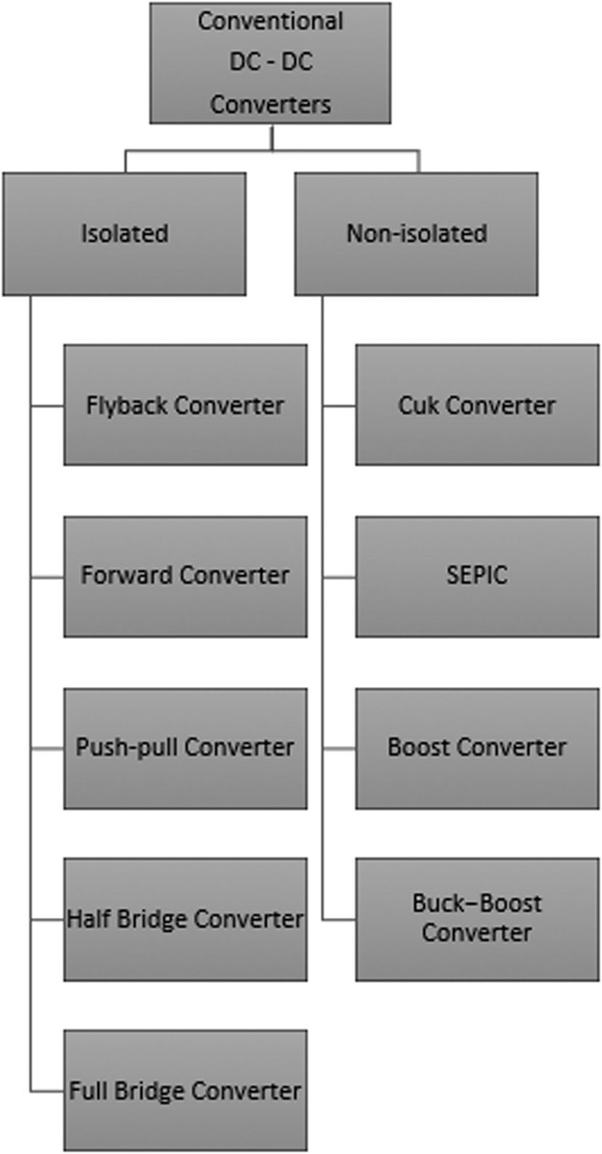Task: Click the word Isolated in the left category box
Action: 124,234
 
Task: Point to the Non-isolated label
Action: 416,234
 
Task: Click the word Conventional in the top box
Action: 270,21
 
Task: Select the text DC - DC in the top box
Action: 270,62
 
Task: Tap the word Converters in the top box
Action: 270,104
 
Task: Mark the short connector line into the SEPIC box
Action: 339,578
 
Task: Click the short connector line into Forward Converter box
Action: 47,578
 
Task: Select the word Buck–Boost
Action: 477,903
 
